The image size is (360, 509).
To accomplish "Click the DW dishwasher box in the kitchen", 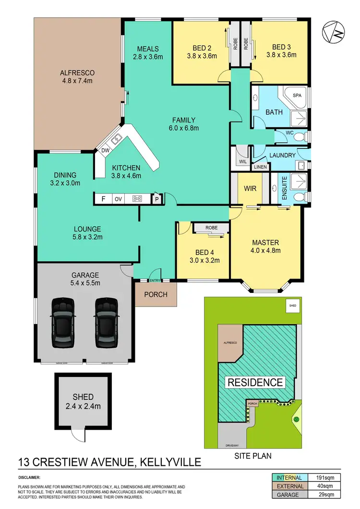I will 105,151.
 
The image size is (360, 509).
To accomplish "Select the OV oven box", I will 118,198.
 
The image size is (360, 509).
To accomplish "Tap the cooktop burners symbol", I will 137,198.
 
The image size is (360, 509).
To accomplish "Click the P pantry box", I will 156,199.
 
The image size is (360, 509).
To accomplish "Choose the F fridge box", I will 102,198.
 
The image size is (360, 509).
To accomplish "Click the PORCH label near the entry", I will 156,294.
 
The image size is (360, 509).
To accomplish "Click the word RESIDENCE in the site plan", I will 255,383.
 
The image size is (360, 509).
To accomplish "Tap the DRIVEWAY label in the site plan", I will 232,446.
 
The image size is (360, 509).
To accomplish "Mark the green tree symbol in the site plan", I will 296,419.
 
